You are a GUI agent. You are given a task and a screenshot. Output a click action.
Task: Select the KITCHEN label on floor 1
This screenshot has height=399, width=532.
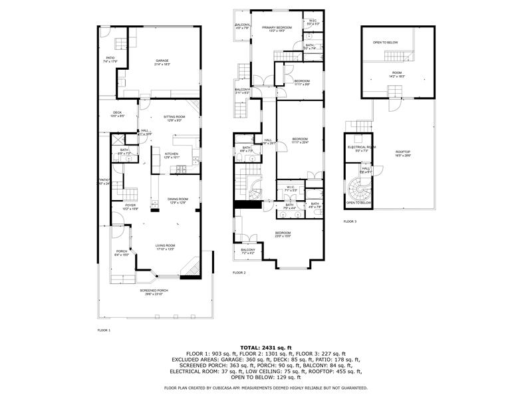[x=172, y=156]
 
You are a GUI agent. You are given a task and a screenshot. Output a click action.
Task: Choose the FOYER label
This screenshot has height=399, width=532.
[x=130, y=207]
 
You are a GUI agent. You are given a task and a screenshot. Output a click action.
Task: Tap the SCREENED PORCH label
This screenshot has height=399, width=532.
[x=154, y=291]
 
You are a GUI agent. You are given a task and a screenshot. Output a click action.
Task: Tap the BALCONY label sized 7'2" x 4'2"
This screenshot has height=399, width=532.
[x=248, y=251]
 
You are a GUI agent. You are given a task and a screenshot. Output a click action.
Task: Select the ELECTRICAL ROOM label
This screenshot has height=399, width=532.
[x=362, y=148]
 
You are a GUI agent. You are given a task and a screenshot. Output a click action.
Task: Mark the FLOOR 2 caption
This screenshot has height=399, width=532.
[x=239, y=273]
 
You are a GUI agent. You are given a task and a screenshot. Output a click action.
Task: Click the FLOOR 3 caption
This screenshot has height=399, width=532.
[x=350, y=221]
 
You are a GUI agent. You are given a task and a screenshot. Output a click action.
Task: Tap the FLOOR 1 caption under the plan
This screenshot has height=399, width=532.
[x=104, y=331]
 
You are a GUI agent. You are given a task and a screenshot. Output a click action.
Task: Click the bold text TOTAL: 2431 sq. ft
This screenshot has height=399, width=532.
[x=265, y=347]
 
